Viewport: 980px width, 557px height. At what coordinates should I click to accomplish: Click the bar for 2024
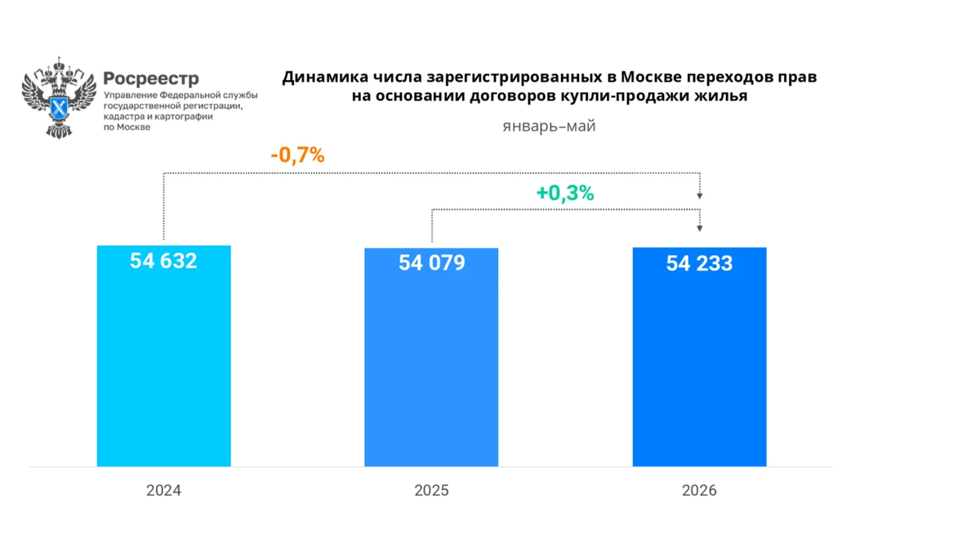coord(163,356)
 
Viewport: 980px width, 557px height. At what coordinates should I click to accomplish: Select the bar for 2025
coord(431,357)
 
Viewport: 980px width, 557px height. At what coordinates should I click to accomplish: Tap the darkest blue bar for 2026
coord(700,357)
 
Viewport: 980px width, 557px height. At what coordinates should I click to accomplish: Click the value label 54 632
coord(163,261)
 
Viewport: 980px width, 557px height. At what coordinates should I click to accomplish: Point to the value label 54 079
coord(432,262)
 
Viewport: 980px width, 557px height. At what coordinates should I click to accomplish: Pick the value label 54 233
coord(700,264)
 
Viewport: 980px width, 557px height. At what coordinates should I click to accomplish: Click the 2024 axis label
coord(163,491)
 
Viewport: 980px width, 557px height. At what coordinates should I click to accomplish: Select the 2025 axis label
coord(432,491)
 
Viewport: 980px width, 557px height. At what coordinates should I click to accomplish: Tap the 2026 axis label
coord(700,491)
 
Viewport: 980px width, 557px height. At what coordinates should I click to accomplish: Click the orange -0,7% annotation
coord(298,155)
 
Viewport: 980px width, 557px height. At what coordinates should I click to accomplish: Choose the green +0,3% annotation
coord(565,193)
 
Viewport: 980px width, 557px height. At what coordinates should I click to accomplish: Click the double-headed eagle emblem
coord(59,97)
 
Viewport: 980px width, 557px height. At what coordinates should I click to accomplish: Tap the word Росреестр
coord(151,78)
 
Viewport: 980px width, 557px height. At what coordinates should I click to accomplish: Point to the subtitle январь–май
coord(549,127)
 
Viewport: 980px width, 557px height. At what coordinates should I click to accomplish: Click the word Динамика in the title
coord(325,77)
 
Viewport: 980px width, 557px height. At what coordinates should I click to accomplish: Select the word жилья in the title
coord(721,96)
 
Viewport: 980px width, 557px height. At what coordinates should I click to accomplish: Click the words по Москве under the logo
coord(127,127)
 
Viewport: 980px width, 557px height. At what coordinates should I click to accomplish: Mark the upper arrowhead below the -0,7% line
coord(700,196)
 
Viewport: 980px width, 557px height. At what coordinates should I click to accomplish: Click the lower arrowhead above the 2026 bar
coord(700,229)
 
